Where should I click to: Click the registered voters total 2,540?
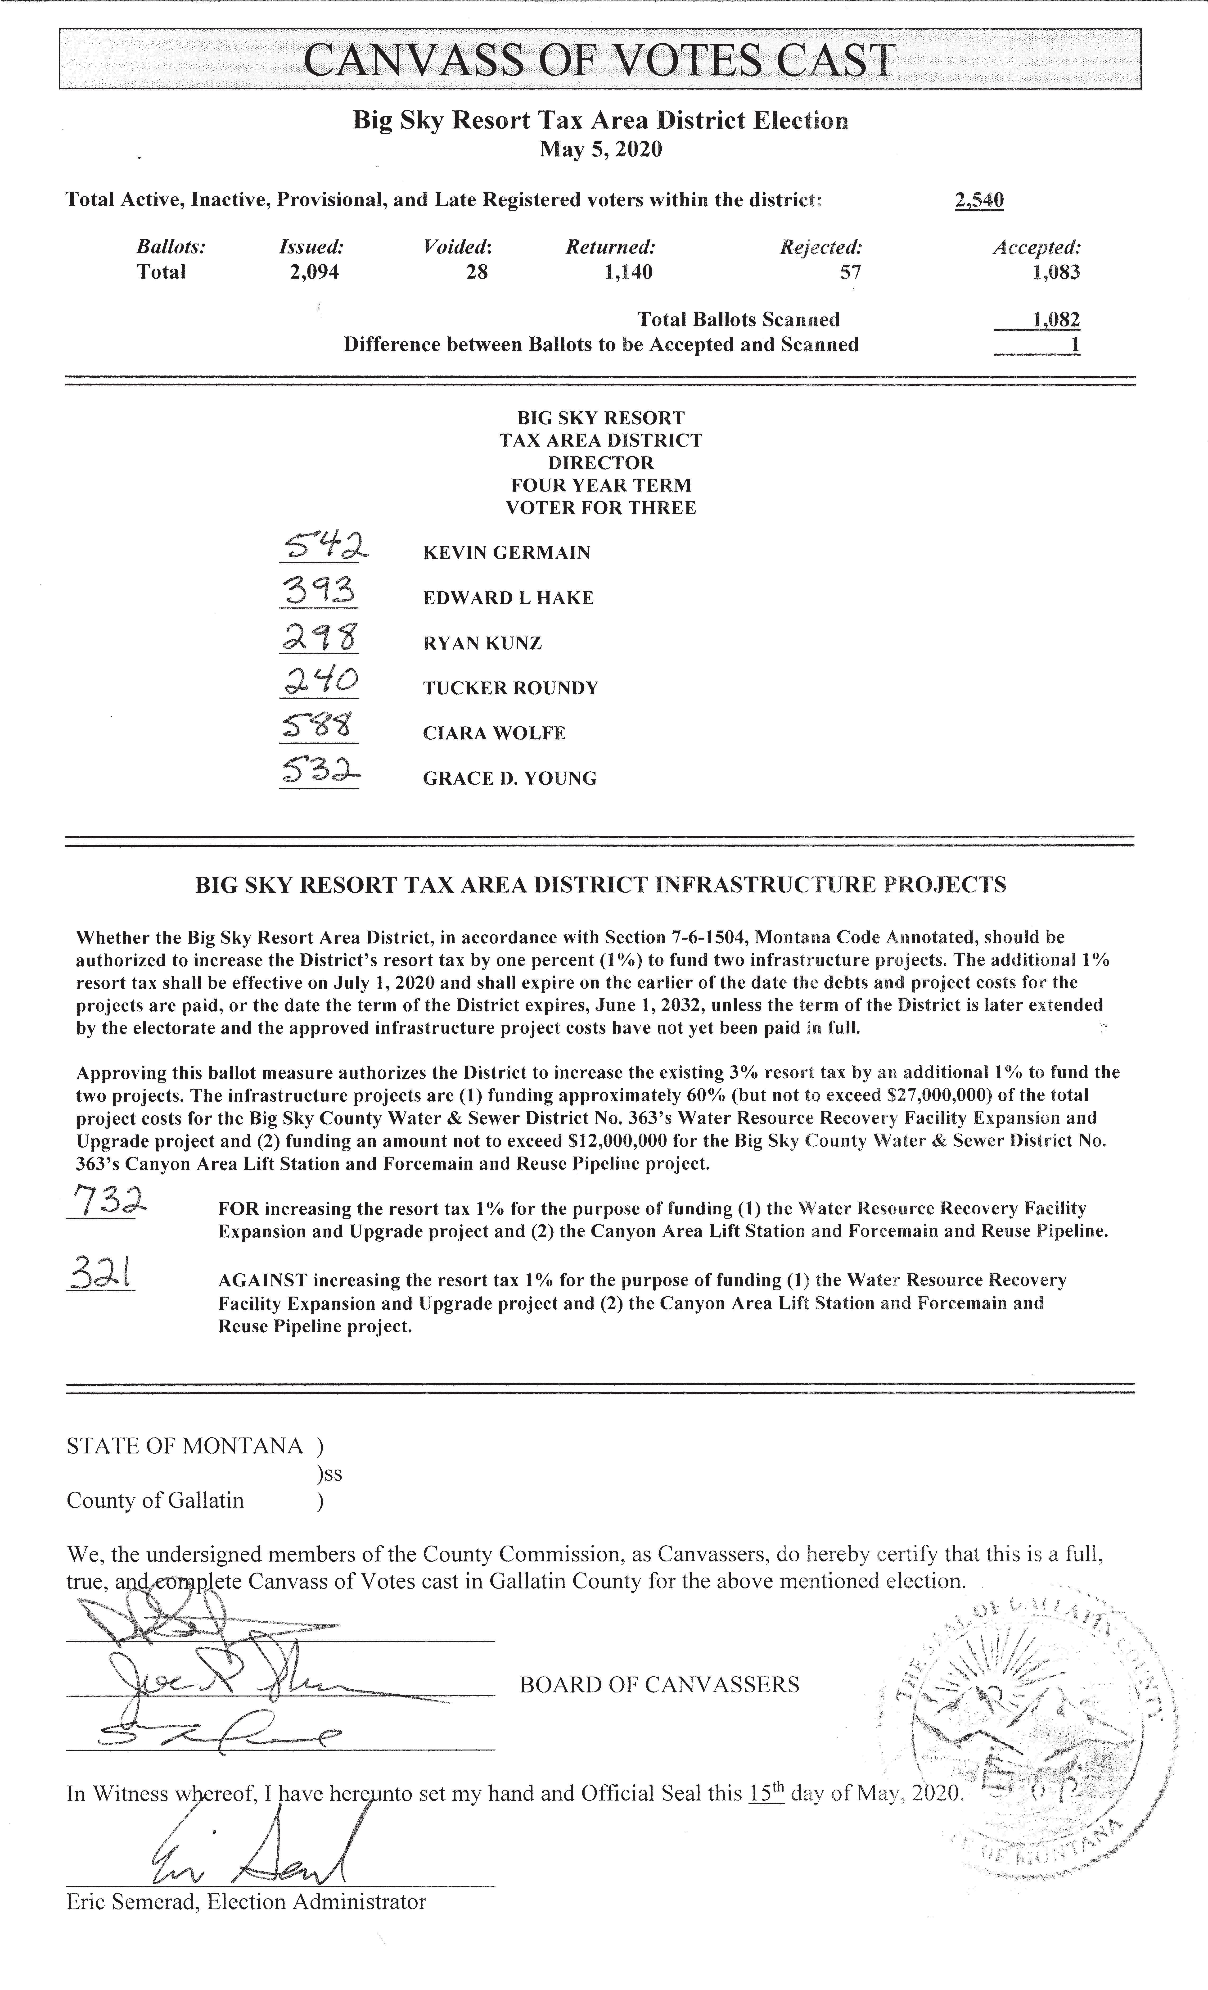click(979, 199)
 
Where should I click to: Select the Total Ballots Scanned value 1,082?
click(1056, 320)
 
